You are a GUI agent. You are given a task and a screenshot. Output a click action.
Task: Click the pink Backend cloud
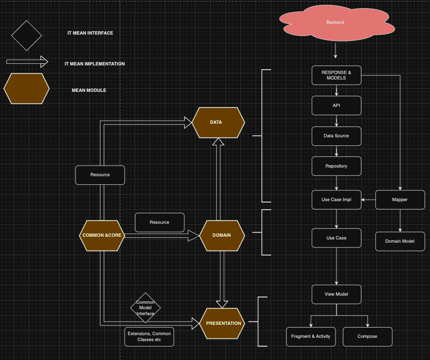pyautogui.click(x=335, y=22)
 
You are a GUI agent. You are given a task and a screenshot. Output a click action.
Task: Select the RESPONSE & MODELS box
pyautogui.click(x=336, y=75)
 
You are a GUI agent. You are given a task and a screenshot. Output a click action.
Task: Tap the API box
pyautogui.click(x=336, y=105)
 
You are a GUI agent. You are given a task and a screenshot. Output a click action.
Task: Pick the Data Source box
pyautogui.click(x=336, y=136)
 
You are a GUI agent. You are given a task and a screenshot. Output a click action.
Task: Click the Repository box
pyautogui.click(x=336, y=166)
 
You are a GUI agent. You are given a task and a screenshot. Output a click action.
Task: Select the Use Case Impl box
pyautogui.click(x=336, y=199)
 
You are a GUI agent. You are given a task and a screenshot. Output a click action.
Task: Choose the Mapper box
pyautogui.click(x=400, y=199)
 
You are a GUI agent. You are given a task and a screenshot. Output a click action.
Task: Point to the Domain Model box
pyautogui.click(x=400, y=241)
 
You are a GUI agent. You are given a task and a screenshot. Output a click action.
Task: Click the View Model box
pyautogui.click(x=336, y=294)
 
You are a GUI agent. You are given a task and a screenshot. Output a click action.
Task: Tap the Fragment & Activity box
pyautogui.click(x=311, y=336)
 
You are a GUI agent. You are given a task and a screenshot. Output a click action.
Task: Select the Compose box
pyautogui.click(x=367, y=336)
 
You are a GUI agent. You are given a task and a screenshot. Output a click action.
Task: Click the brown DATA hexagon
pyautogui.click(x=218, y=122)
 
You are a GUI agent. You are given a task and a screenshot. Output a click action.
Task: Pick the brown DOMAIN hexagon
pyautogui.click(x=222, y=236)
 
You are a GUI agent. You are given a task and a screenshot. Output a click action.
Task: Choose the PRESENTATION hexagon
pyautogui.click(x=223, y=323)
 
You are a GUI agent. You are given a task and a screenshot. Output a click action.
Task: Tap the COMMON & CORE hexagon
pyautogui.click(x=102, y=236)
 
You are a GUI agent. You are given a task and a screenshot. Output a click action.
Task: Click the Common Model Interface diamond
pyautogui.click(x=145, y=308)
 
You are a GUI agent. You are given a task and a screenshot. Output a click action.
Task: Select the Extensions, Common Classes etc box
pyautogui.click(x=149, y=337)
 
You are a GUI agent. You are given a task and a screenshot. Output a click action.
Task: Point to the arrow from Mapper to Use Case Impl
pyautogui.click(x=368, y=200)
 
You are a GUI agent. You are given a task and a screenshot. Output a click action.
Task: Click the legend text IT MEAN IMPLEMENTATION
pyautogui.click(x=95, y=64)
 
